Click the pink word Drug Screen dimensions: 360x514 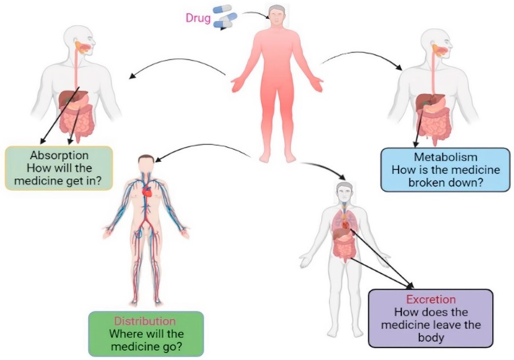(x=197, y=18)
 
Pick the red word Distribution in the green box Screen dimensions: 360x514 (x=145, y=321)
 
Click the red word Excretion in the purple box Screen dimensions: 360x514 (x=431, y=299)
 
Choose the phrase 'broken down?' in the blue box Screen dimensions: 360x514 (x=445, y=182)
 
